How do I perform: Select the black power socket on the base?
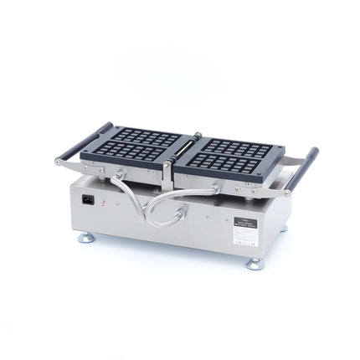coord(87,200)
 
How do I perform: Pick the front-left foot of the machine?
coord(86,238)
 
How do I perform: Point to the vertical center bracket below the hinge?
coord(167,176)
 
